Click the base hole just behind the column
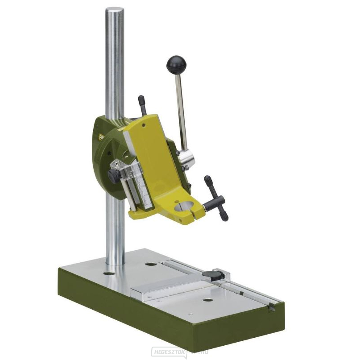coord(151,264)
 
